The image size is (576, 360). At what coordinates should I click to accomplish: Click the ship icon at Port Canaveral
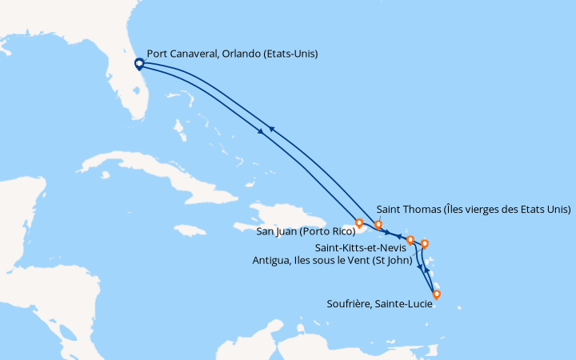[x=138, y=63]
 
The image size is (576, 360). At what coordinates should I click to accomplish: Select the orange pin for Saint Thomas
[x=378, y=224]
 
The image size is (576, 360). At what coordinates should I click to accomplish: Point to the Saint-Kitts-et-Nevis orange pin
[x=410, y=239]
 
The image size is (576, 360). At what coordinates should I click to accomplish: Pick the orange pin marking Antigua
[x=425, y=243]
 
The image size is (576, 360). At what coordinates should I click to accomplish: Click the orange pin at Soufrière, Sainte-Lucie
[x=436, y=294]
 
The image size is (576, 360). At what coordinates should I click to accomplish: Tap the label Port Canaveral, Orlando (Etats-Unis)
[x=232, y=54]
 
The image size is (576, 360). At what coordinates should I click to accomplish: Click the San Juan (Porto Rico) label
[x=306, y=233]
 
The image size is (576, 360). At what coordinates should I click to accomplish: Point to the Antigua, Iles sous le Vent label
[x=331, y=260]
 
